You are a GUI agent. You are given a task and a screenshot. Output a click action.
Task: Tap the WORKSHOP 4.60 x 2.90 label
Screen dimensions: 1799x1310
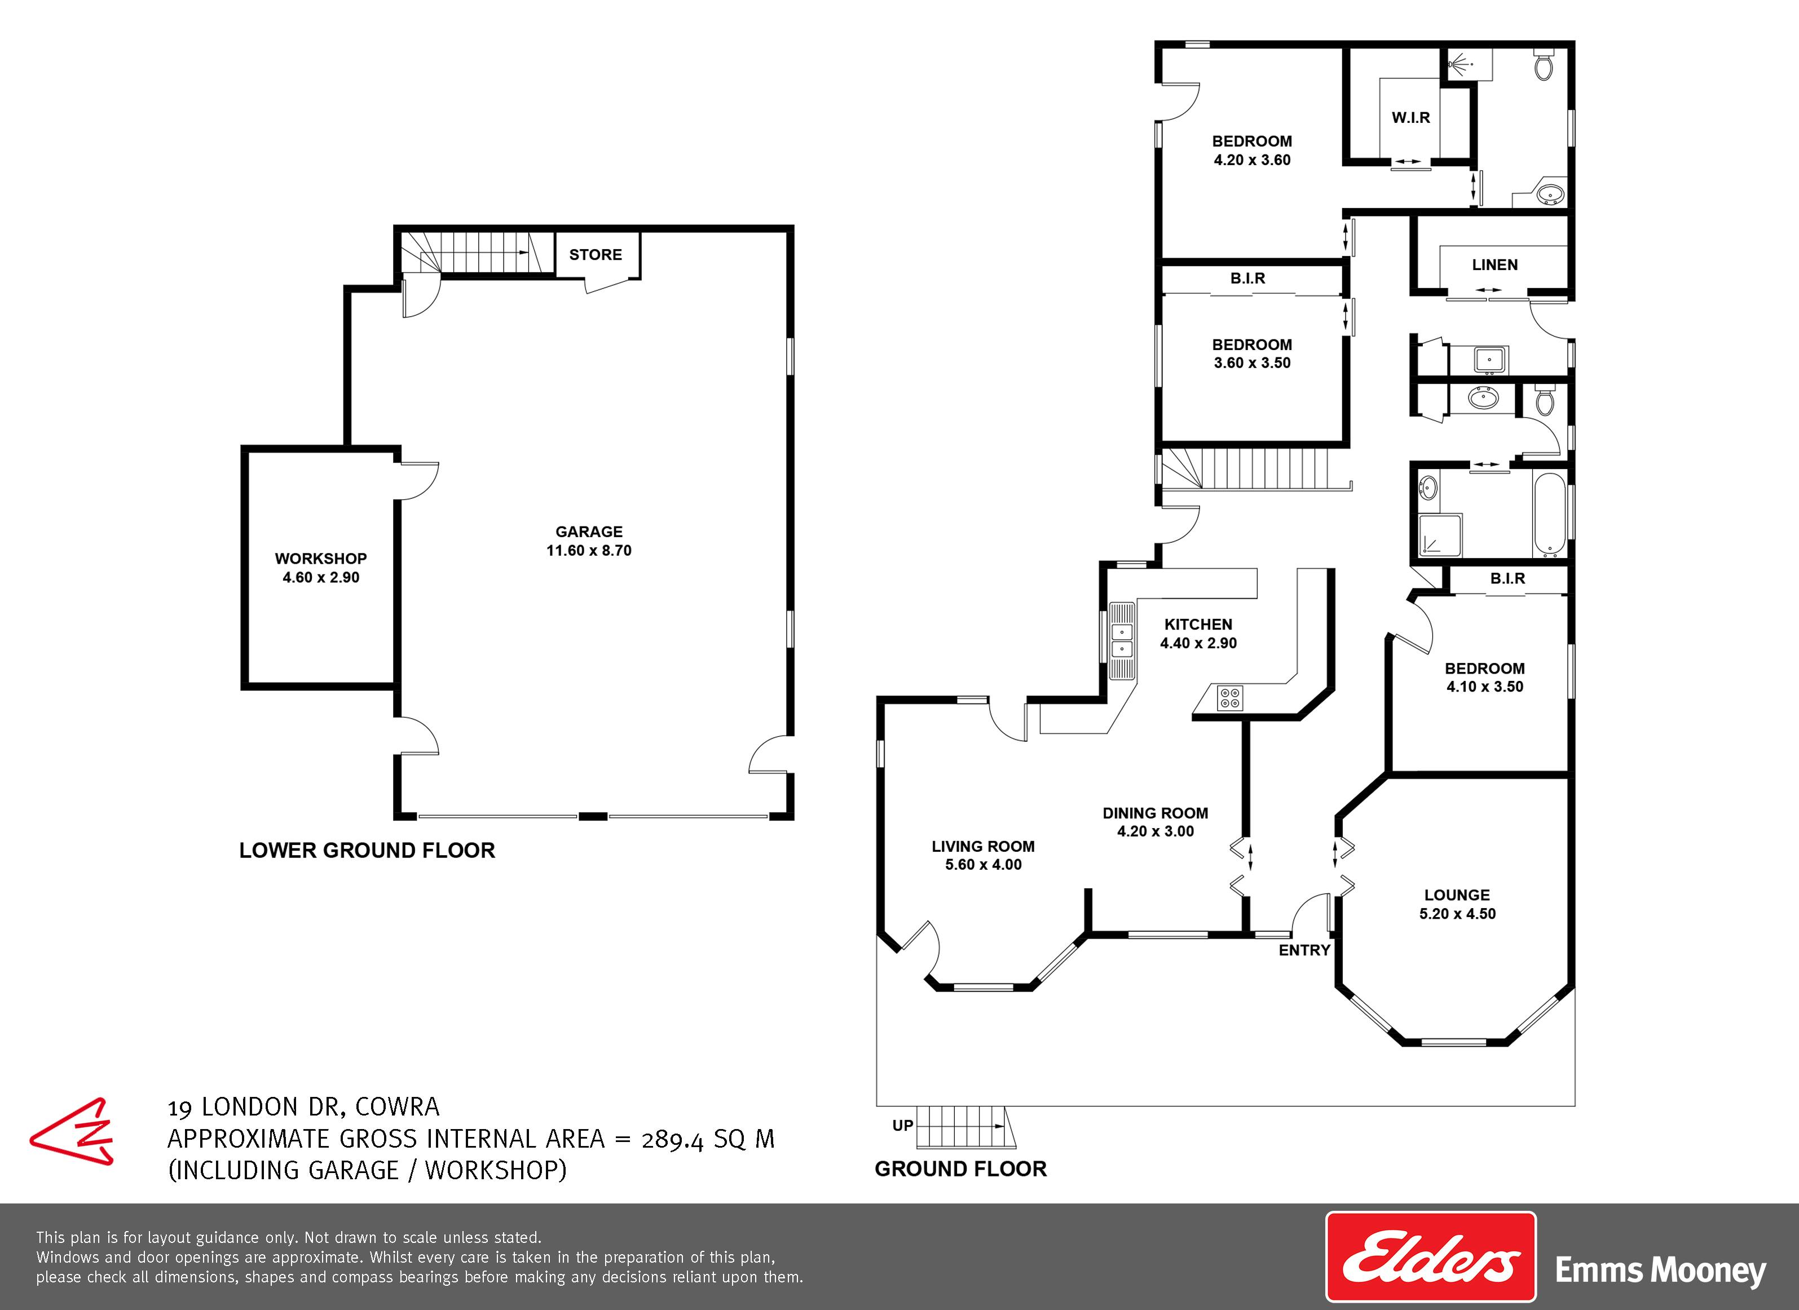(x=320, y=568)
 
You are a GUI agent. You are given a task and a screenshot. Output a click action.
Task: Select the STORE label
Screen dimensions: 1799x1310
(x=596, y=255)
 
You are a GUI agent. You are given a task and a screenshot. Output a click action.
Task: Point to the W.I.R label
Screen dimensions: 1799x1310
(x=1410, y=117)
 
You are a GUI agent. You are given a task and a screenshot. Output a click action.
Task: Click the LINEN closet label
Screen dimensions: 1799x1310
(x=1494, y=265)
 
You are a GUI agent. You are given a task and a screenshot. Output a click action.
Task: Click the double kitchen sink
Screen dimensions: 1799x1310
(x=1122, y=641)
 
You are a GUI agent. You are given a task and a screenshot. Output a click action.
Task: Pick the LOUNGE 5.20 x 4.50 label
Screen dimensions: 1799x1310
(x=1457, y=904)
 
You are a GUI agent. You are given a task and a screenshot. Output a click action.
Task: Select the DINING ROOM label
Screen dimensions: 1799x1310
(x=1155, y=813)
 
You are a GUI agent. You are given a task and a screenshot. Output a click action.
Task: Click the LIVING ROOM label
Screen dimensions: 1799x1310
(x=983, y=846)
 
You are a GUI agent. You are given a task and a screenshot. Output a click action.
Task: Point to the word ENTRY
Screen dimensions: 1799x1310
(x=1304, y=950)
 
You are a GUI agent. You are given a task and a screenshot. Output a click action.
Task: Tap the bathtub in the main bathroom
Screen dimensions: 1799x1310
(x=1549, y=515)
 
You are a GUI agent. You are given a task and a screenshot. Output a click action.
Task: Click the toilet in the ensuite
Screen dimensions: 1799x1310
(x=1543, y=65)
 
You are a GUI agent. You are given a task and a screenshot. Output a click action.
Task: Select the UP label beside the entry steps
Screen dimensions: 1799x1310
(x=903, y=1125)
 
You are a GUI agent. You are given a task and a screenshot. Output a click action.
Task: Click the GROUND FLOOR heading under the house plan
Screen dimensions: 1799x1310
(x=960, y=1169)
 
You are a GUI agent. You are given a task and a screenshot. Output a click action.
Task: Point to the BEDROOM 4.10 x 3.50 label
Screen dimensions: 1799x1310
(x=1484, y=677)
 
